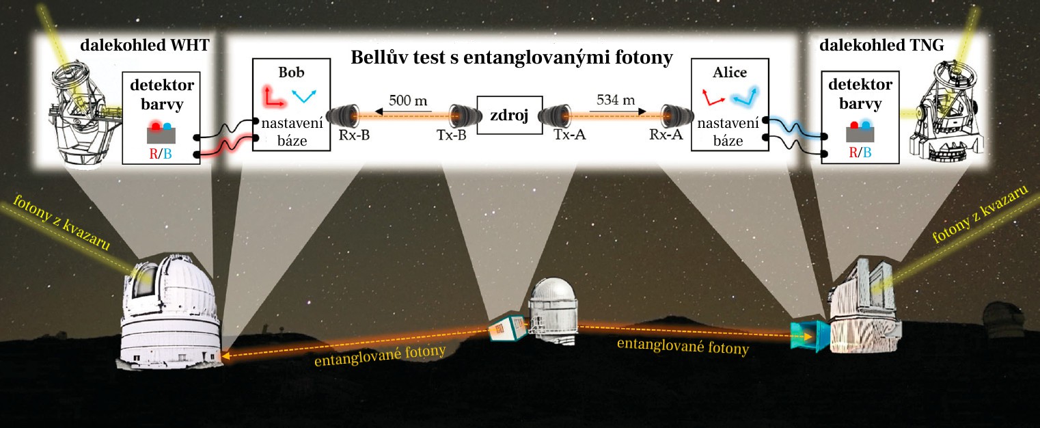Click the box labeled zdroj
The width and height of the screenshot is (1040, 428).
click(509, 115)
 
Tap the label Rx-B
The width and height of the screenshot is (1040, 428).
click(354, 135)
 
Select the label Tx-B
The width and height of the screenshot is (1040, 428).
click(451, 135)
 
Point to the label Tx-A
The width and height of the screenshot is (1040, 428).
click(570, 135)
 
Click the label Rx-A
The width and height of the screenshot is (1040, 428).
click(666, 135)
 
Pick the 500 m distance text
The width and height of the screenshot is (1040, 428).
click(408, 101)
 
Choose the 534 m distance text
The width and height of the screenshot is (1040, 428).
click(616, 100)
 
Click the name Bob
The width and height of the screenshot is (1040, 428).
click(291, 72)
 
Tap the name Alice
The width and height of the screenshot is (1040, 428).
click(730, 72)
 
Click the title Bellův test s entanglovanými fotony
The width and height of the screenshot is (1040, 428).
click(512, 57)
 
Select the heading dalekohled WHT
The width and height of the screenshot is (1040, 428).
click(145, 45)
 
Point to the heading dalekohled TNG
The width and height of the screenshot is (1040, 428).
click(881, 45)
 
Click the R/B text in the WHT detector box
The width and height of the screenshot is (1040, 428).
click(161, 154)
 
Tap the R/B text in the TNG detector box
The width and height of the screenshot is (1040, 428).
click(860, 152)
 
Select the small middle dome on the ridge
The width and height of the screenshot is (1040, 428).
click(553, 311)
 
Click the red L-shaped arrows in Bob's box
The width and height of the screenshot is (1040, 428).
click(274, 96)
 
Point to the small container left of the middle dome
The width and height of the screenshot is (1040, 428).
click(508, 328)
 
